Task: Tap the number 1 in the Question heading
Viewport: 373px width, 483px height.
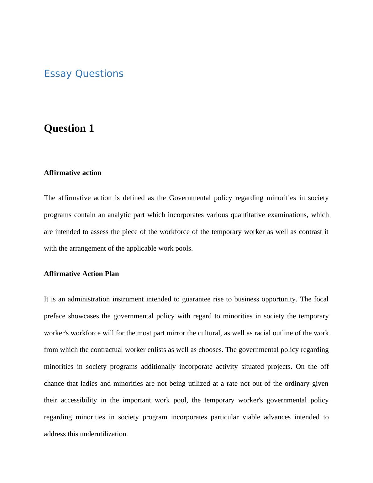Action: [x=91, y=128]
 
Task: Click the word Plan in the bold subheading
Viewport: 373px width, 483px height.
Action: [x=112, y=274]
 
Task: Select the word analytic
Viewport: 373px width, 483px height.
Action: [x=119, y=215]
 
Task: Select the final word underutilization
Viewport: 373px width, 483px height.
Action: [x=104, y=434]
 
